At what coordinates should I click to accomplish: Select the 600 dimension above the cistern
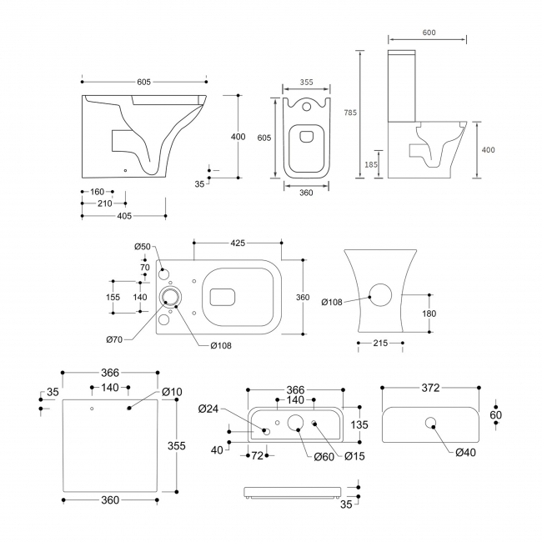(429, 33)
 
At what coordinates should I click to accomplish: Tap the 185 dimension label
(370, 165)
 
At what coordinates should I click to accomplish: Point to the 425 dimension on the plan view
(238, 244)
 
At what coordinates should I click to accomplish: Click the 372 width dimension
(429, 388)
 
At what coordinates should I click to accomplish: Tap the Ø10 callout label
(172, 392)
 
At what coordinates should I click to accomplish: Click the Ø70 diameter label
(115, 339)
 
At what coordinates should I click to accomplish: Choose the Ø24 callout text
(208, 408)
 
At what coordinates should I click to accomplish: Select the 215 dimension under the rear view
(381, 344)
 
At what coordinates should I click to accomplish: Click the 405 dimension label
(123, 217)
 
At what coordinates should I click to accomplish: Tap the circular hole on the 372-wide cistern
(431, 423)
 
